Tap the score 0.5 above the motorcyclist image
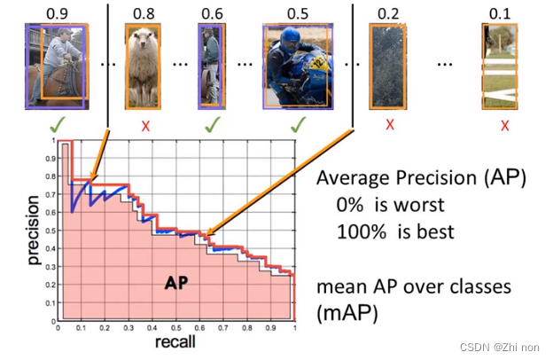(297, 12)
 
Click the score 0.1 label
(502, 12)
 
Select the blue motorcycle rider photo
(297, 67)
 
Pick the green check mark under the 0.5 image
(298, 125)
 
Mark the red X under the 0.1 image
(503, 125)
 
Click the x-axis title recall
(175, 342)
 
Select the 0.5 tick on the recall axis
(176, 328)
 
